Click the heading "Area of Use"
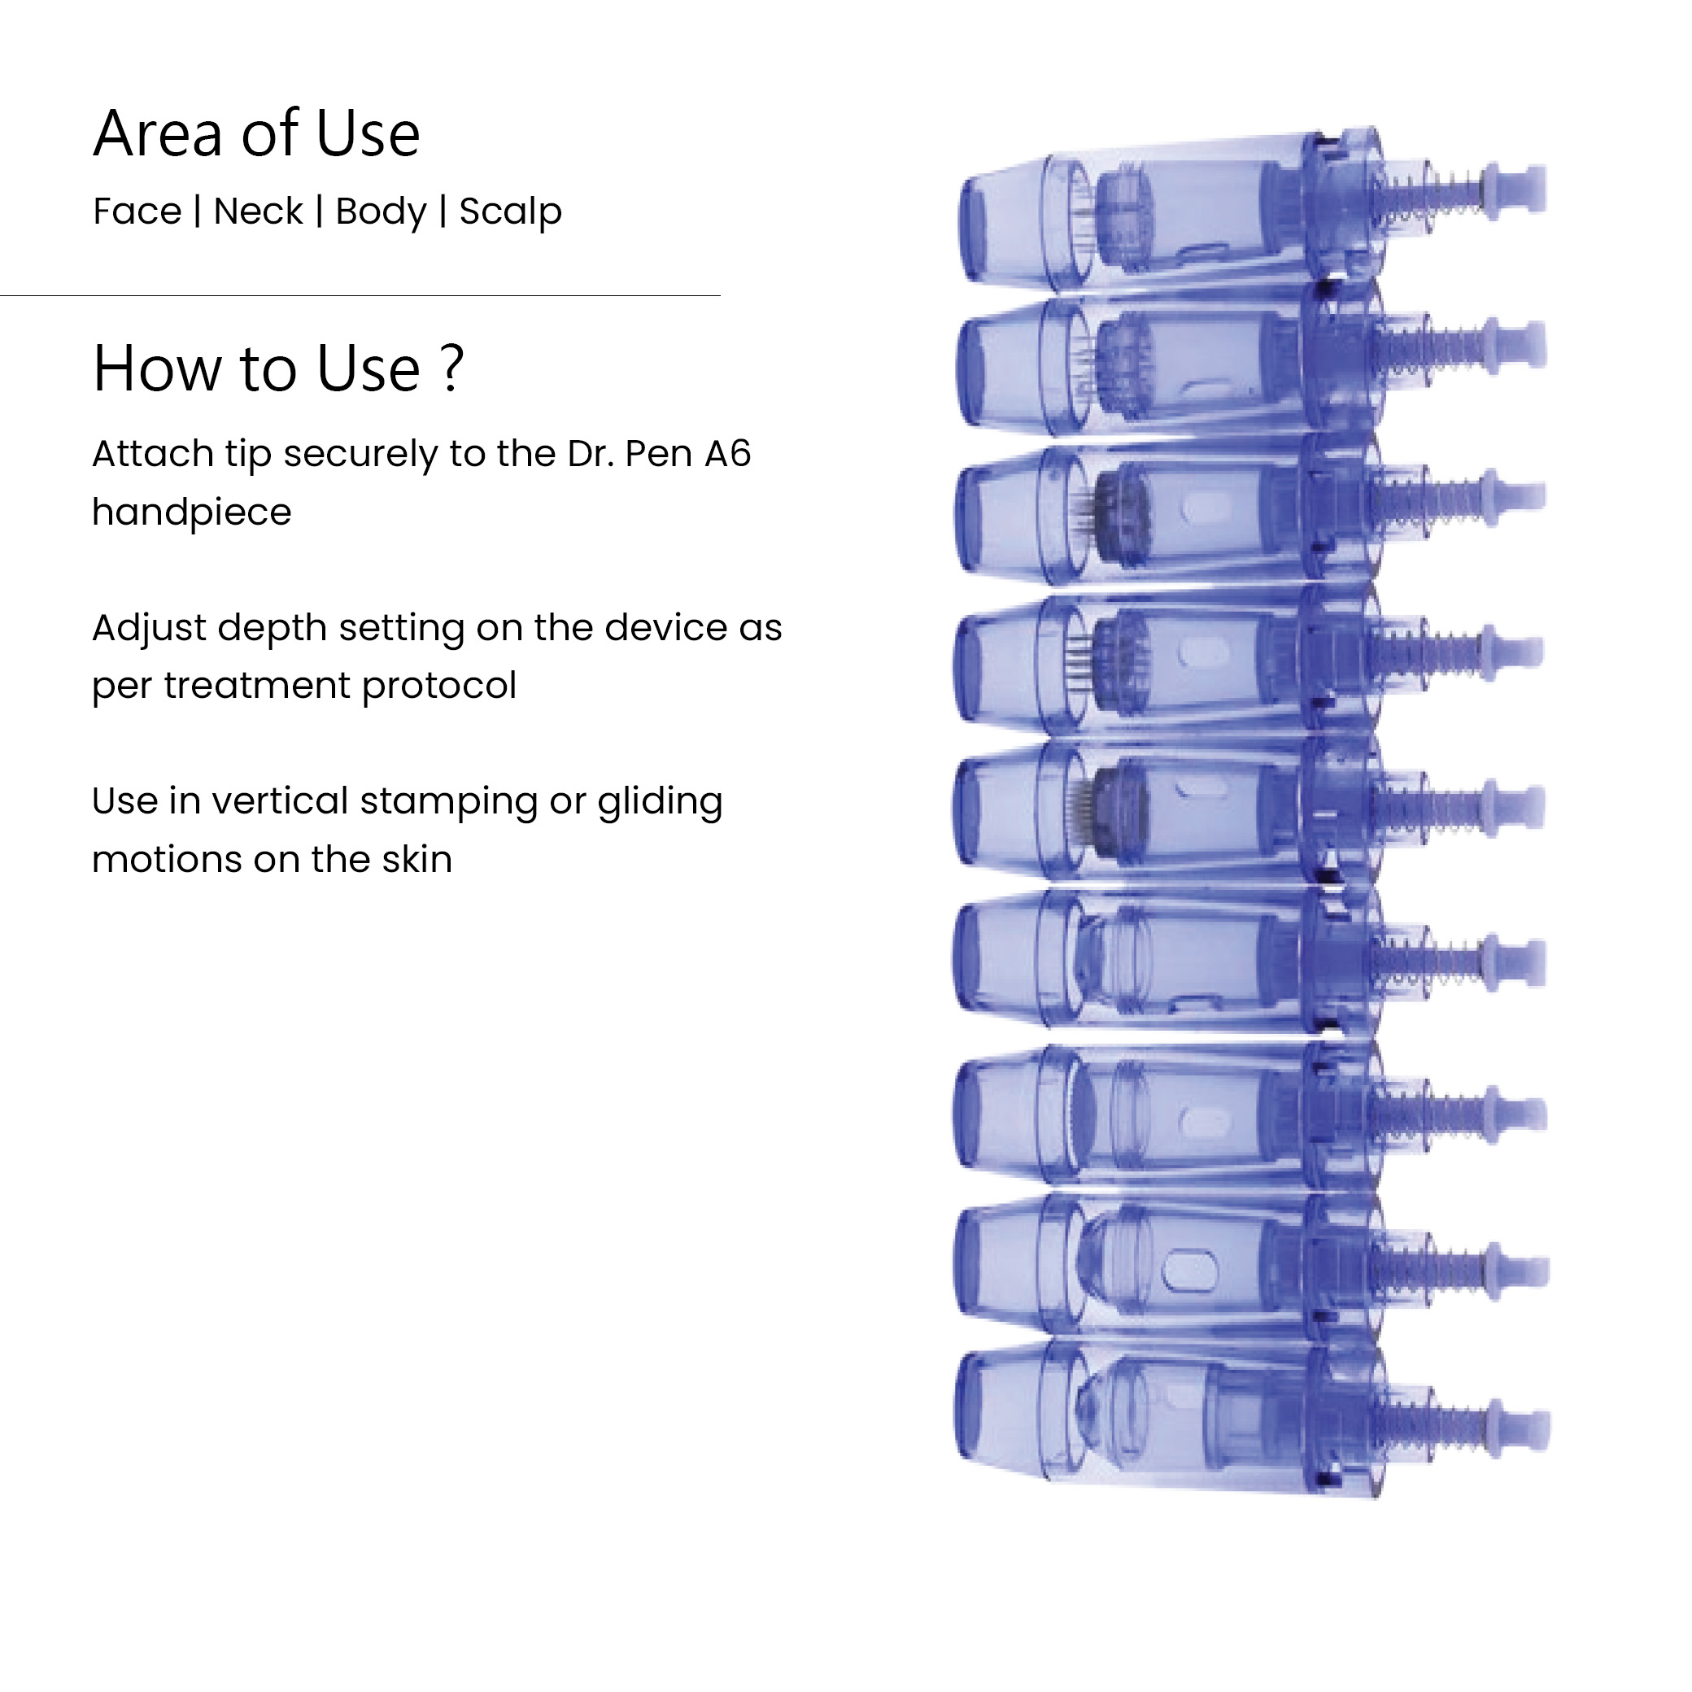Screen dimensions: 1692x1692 (256, 134)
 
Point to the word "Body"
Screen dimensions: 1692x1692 (380, 212)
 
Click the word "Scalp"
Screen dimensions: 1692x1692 (510, 212)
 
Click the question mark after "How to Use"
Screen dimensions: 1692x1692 (452, 368)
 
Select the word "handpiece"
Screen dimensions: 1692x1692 (192, 512)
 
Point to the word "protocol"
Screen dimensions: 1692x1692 (438, 686)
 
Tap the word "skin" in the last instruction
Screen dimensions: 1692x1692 (416, 859)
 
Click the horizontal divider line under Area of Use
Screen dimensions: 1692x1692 (360, 296)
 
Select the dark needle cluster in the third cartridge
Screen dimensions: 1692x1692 (1117, 512)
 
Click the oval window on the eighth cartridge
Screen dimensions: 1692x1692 (1188, 1267)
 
